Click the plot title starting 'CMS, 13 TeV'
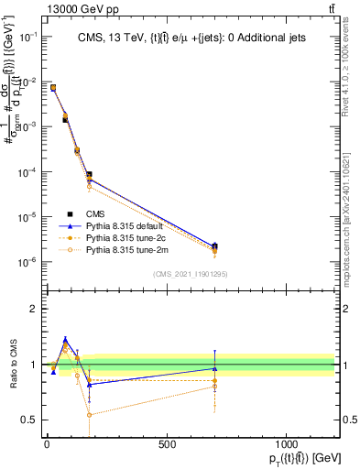[x=190, y=37]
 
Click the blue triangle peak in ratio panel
[x=65, y=339]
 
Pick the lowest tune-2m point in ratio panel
[x=89, y=415]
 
